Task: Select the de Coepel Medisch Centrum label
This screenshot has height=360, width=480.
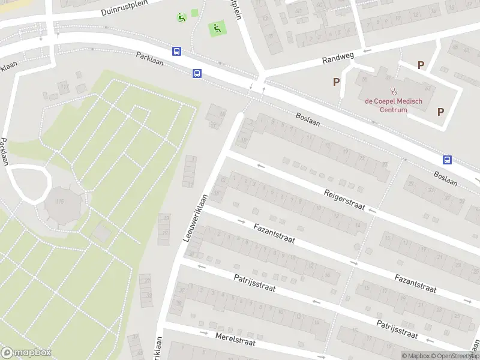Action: point(393,105)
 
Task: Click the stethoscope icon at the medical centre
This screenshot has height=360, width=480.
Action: point(394,91)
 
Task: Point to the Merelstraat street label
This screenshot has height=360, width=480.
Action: point(235,339)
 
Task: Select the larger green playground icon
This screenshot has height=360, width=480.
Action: point(217,28)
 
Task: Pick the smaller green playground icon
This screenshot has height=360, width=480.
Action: point(181,17)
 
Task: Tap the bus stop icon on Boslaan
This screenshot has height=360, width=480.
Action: point(447,160)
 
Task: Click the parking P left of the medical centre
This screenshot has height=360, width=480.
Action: point(337,82)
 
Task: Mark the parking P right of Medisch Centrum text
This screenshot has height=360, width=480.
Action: point(441,111)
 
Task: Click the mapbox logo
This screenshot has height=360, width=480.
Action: point(26,352)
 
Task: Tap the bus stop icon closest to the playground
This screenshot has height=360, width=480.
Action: point(176,52)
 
